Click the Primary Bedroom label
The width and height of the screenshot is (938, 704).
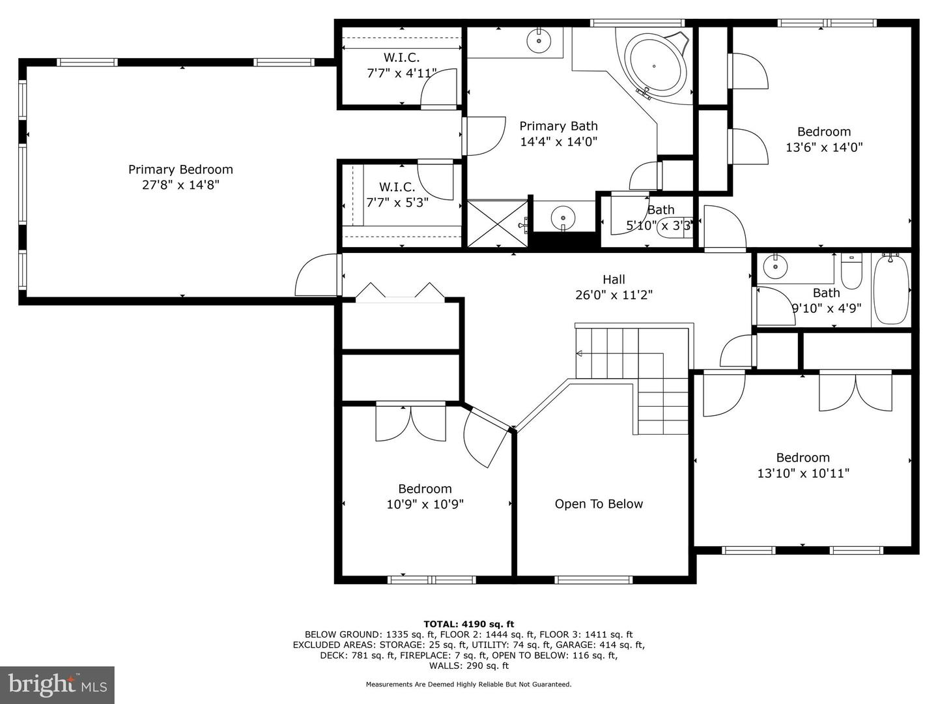click(x=180, y=169)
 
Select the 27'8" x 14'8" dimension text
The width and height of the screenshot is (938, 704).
click(x=180, y=185)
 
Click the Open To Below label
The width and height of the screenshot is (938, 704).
click(x=599, y=504)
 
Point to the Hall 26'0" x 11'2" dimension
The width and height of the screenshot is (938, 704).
click(x=614, y=295)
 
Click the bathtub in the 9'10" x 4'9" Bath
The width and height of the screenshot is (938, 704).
click(x=890, y=290)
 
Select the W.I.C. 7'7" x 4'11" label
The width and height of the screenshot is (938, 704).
click(x=401, y=66)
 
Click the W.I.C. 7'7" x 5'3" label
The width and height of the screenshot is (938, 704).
click(x=397, y=195)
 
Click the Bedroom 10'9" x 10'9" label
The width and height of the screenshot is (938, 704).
click(x=425, y=497)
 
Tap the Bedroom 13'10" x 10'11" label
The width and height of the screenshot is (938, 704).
click(x=803, y=465)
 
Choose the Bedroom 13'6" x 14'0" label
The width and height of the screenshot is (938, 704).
click(x=824, y=139)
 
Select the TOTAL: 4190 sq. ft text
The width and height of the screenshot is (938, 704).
click(x=468, y=624)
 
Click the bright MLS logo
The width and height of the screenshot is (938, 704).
click(x=57, y=684)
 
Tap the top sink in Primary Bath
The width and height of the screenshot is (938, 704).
click(x=539, y=40)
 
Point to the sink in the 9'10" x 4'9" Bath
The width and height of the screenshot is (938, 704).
click(x=775, y=266)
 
